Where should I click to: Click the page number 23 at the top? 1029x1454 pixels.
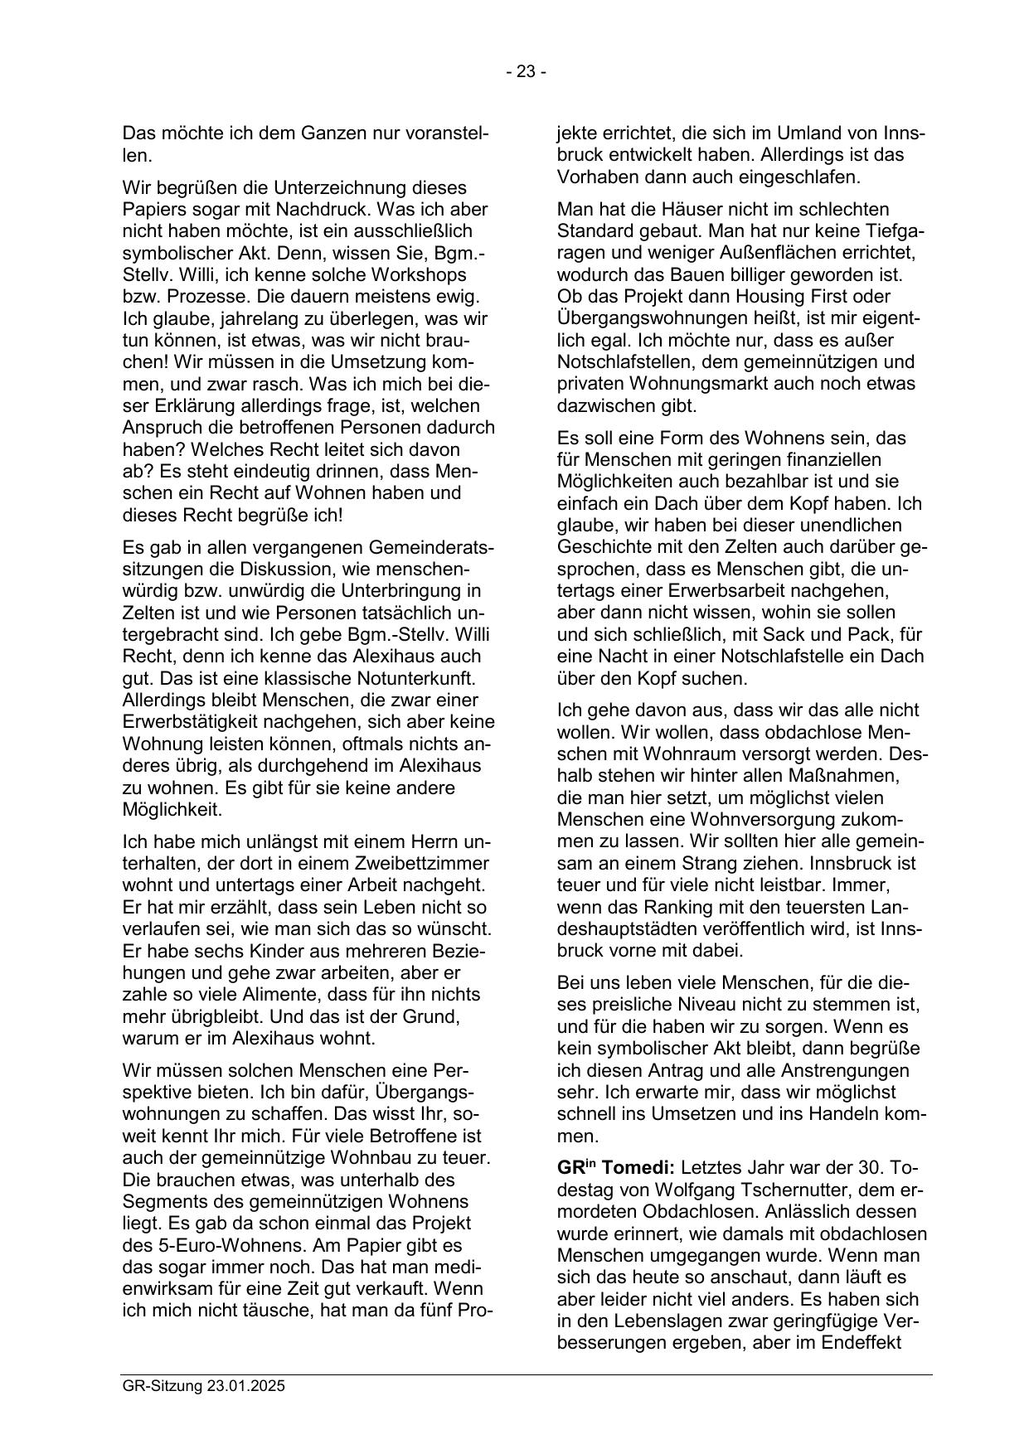tap(526, 72)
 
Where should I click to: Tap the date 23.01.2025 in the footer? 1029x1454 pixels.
tap(246, 1386)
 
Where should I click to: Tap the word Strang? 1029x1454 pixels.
tap(766, 863)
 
